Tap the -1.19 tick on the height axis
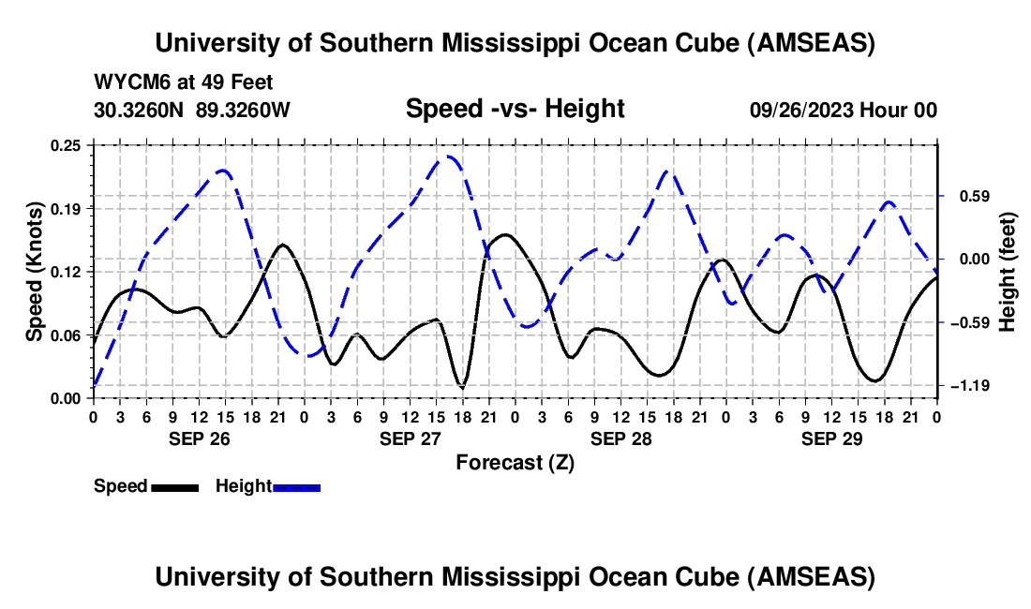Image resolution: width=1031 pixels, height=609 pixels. tap(964, 386)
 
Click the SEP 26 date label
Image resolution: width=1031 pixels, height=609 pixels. tap(200, 438)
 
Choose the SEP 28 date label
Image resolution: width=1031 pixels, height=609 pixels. tap(621, 438)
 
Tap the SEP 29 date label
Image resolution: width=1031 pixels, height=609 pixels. tap(832, 438)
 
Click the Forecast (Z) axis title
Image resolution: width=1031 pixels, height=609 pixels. tap(515, 462)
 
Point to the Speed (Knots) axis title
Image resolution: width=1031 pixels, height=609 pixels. tap(34, 271)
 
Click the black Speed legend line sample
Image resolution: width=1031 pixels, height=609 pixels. tap(173, 486)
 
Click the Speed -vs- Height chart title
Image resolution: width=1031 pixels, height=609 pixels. tap(515, 109)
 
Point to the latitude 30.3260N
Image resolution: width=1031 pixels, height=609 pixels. tap(141, 110)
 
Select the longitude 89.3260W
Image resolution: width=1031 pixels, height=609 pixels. tap(244, 110)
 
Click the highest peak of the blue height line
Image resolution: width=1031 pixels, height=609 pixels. tap(450, 156)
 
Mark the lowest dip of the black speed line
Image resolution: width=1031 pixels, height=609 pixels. tap(461, 386)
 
